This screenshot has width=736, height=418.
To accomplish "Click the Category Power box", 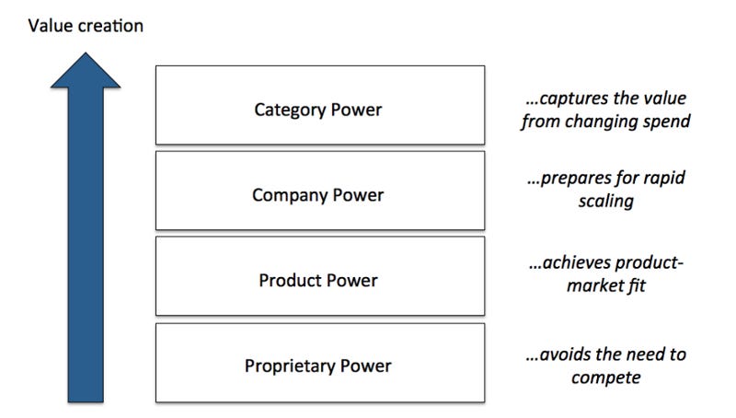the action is (x=319, y=105).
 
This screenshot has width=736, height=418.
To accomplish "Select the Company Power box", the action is (x=319, y=191).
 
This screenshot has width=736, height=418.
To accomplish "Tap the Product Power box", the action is (x=319, y=276).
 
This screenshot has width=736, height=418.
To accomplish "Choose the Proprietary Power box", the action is (x=319, y=363).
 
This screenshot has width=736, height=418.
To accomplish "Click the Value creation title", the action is (x=86, y=26).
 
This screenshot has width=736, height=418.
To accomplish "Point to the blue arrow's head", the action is (x=86, y=69).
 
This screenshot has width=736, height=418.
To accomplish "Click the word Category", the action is (x=287, y=110).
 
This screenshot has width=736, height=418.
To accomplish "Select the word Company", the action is (x=287, y=195).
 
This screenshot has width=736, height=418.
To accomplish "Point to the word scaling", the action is (x=607, y=202).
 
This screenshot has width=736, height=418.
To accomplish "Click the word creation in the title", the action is (x=111, y=26).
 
